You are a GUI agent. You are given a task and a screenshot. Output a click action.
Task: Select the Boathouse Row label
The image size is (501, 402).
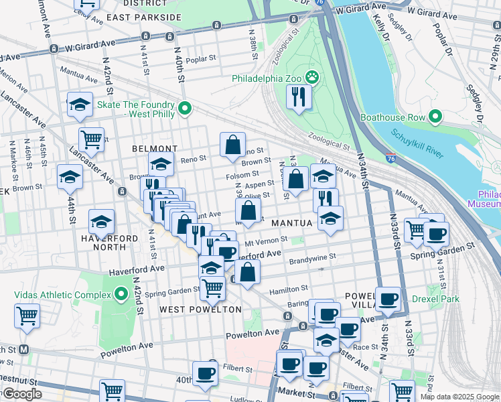pyautogui.click(x=392, y=117)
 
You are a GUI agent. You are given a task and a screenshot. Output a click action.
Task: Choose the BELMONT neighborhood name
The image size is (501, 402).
pyautogui.click(x=155, y=149)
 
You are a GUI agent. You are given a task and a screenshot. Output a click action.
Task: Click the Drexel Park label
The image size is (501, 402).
pyautogui.click(x=435, y=299)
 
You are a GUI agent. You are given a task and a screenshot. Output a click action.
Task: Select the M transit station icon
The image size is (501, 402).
pyautogui.click(x=24, y=349)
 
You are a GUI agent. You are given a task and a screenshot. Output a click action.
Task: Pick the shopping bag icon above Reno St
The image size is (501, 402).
pyautogui.click(x=232, y=144)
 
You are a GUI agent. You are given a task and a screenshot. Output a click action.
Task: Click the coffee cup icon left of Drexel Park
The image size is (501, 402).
pyautogui.click(x=388, y=299)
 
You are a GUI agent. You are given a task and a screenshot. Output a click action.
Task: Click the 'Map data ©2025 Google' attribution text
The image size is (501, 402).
pyautogui.click(x=459, y=397)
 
